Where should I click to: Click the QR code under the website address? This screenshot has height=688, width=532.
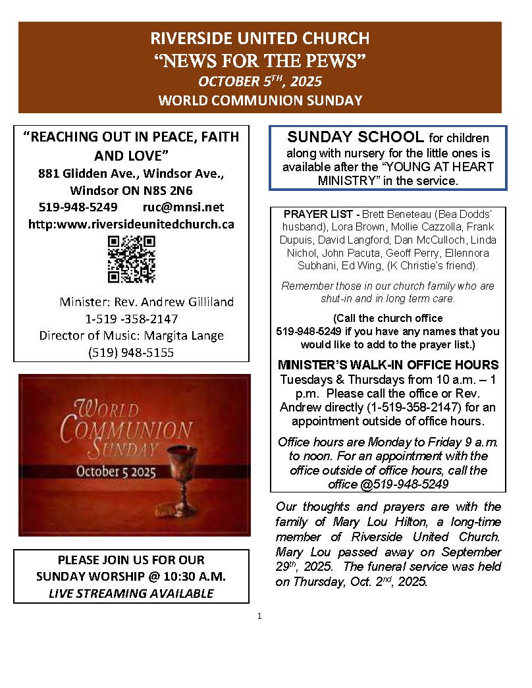(x=131, y=259)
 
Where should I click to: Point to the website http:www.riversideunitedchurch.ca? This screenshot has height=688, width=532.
(x=131, y=224)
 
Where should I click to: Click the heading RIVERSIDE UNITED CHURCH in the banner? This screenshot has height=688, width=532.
(x=259, y=38)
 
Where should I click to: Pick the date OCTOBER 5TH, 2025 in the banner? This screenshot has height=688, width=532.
(x=259, y=82)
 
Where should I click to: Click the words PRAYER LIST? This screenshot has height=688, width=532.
(x=312, y=215)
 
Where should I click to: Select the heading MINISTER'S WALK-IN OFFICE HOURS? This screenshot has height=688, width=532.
(x=388, y=365)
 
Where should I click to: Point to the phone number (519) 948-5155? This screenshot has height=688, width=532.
(x=131, y=352)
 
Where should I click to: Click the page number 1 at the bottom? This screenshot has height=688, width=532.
(x=260, y=616)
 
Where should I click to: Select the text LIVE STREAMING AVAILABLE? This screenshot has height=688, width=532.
(x=131, y=593)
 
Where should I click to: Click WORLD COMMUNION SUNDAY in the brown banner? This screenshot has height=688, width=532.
(x=259, y=101)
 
